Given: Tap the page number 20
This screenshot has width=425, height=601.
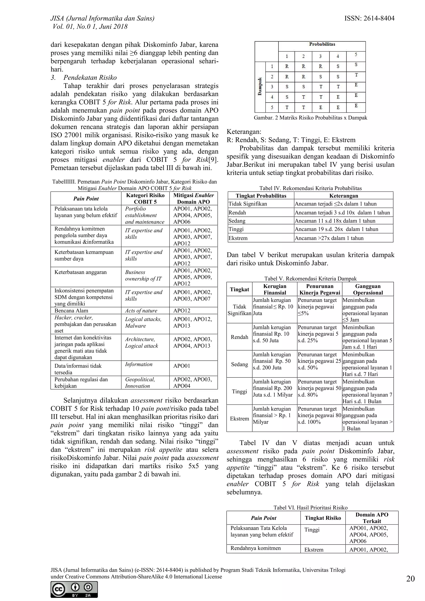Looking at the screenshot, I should (410, 579).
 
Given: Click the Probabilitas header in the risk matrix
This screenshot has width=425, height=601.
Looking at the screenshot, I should (322, 44).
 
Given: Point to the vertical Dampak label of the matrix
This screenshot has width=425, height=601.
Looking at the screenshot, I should (260, 86).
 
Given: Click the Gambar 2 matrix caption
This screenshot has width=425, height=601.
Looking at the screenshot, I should (310, 118).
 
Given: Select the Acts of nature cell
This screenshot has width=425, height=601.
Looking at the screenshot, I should (141, 311).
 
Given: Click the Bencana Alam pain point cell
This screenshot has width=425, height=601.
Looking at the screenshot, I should (71, 311).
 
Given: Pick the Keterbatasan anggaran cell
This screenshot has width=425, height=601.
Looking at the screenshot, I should (81, 272).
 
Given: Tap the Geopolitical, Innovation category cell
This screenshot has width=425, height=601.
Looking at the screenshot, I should (140, 382).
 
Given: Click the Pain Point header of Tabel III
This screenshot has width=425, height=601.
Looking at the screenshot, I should (86, 198).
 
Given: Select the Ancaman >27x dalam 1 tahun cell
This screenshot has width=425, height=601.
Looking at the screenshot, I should (329, 238).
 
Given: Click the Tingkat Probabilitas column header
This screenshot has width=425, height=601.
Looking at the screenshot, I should (261, 196).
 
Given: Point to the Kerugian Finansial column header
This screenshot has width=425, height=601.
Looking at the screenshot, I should (275, 289).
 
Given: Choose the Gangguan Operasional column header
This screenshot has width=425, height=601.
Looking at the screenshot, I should (368, 289).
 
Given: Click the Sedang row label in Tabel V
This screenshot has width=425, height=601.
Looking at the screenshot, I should (239, 364).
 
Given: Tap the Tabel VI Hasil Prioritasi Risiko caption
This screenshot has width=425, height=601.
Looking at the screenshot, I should (310, 507).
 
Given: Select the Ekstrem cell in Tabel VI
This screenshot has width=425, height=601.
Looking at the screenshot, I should (314, 550).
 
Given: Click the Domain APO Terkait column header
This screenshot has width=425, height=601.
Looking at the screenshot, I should (372, 518).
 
